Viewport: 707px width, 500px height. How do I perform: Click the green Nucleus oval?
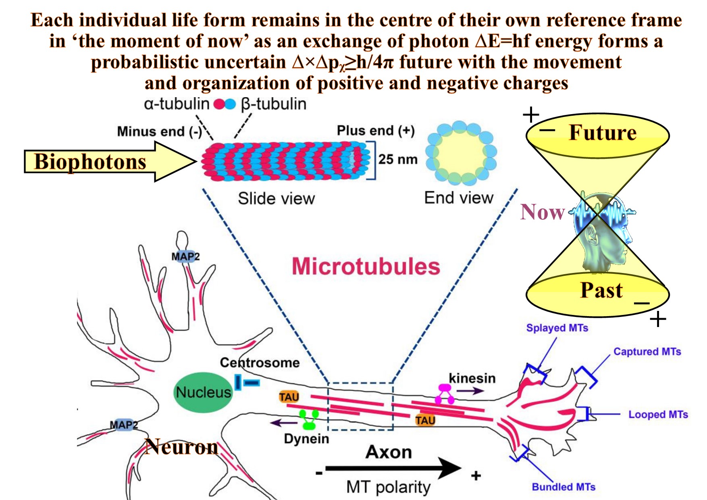coord(203,392)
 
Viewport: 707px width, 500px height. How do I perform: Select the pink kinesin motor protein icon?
coord(444,393)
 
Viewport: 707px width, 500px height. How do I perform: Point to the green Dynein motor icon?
coord(309,420)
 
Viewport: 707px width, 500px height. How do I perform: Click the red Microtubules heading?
coord(366,267)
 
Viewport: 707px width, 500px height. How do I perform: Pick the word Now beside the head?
coord(542,212)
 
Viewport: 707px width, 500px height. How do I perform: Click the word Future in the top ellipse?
coord(602,133)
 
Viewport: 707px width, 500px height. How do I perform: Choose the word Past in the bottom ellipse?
coord(601,290)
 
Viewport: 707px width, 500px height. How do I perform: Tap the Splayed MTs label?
coord(557,328)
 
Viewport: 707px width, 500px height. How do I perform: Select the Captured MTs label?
coord(647,352)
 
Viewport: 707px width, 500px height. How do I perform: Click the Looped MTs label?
coord(658,414)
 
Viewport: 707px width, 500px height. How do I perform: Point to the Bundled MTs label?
coord(564,487)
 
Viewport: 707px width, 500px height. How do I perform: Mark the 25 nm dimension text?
coord(397,159)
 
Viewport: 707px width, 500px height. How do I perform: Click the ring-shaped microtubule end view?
coord(461,153)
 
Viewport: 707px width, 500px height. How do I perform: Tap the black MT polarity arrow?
coord(393,468)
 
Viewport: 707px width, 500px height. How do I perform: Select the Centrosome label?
coord(260,362)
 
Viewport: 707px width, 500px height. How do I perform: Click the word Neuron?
coord(181,447)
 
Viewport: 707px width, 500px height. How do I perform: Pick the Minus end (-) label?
coord(160,131)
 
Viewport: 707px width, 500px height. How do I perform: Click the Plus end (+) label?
coord(375,131)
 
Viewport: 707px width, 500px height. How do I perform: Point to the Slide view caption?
coord(276,198)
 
